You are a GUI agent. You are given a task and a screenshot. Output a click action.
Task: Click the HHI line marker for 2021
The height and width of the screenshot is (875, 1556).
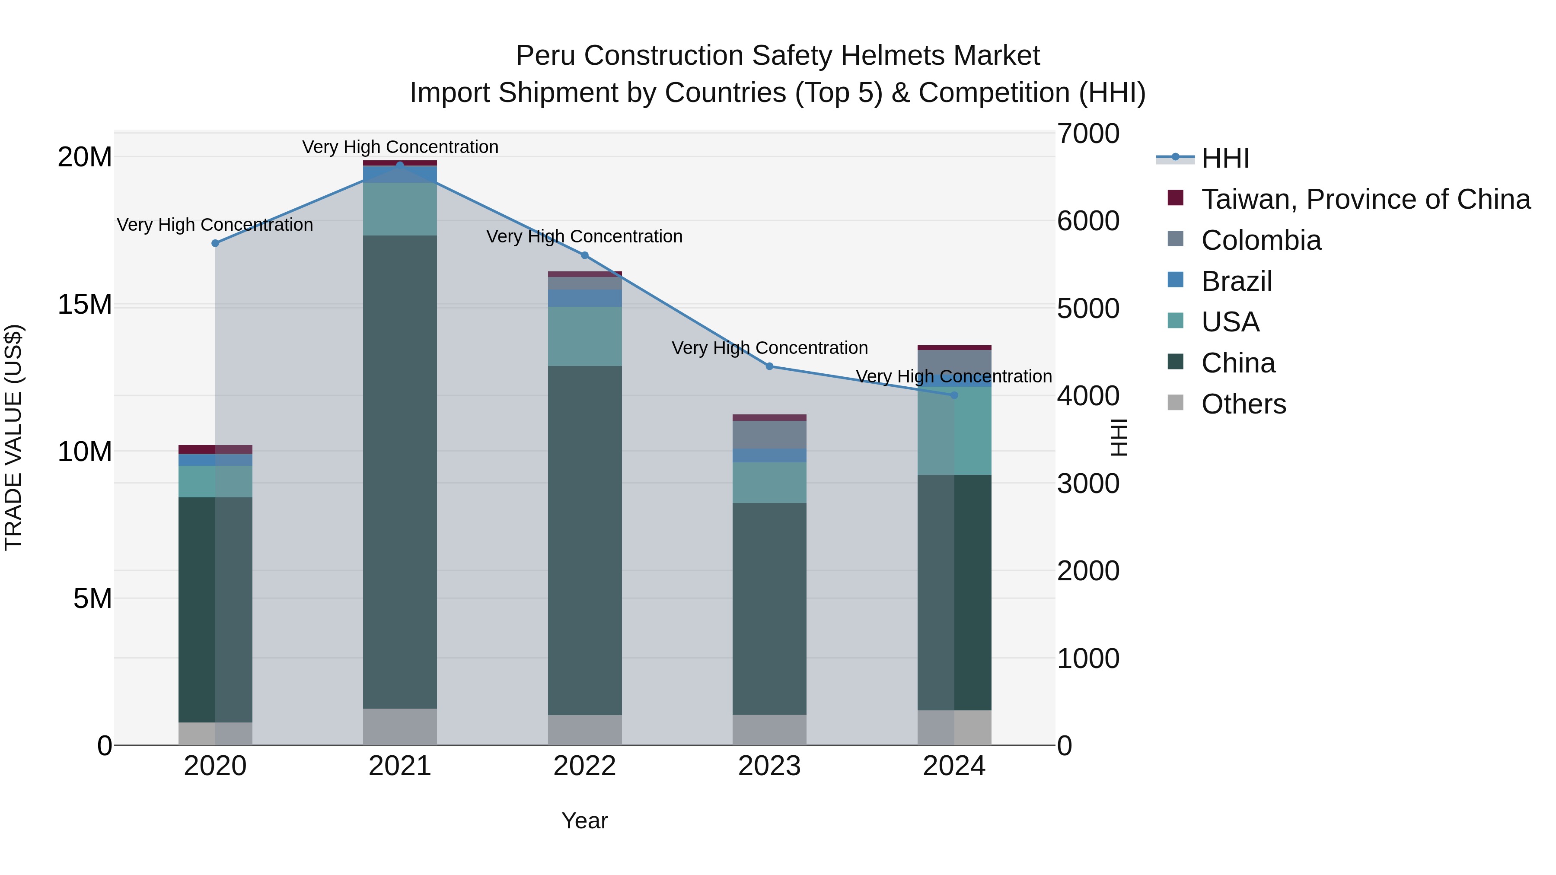400,165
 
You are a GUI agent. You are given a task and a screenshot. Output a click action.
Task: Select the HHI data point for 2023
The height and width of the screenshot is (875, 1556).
769,366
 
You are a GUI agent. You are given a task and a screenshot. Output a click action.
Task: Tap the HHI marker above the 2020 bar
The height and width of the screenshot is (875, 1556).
215,243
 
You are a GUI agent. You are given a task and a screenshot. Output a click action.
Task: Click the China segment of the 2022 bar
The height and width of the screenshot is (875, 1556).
585,541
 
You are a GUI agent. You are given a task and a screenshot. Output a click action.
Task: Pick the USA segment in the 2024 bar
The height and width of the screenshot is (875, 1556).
954,430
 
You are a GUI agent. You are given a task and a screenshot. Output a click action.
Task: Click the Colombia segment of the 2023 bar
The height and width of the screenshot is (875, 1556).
769,435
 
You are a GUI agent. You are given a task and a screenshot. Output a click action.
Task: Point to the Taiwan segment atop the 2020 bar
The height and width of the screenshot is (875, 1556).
215,449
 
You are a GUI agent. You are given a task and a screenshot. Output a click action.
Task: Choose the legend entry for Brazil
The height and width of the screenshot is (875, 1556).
1237,281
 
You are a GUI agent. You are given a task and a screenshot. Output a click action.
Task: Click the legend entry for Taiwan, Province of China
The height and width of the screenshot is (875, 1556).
1365,199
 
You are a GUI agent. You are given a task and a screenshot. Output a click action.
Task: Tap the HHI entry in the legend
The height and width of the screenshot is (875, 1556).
1225,158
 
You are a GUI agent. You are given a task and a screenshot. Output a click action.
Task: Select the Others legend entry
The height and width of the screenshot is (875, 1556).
1243,404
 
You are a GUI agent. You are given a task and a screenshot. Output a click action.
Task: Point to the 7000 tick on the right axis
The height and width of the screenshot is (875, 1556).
1088,134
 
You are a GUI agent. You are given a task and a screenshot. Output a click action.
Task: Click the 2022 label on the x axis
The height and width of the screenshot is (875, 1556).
585,766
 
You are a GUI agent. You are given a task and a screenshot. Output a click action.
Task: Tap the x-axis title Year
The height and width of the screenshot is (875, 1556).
585,821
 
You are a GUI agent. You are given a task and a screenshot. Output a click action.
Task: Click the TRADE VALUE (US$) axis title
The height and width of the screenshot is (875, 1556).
13,438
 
